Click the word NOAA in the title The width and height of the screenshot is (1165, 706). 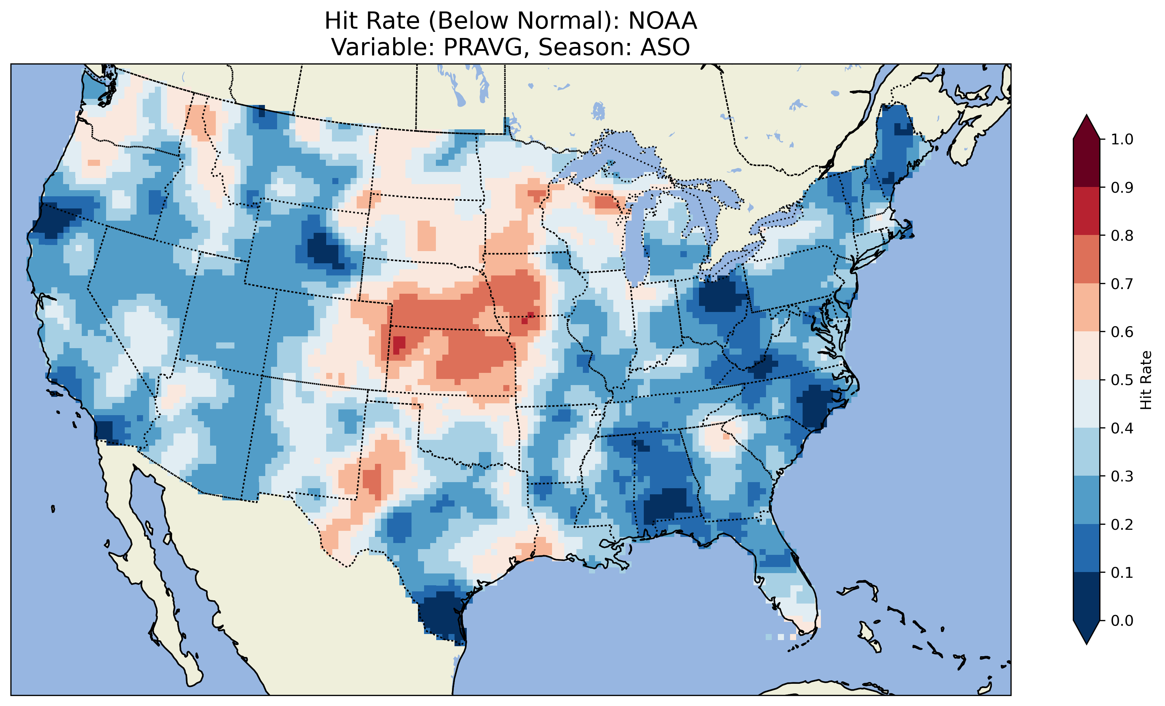(x=662, y=21)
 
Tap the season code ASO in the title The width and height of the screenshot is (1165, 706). (x=665, y=47)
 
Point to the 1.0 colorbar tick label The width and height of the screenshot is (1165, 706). (x=1122, y=139)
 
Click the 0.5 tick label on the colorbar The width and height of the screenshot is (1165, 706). (x=1122, y=380)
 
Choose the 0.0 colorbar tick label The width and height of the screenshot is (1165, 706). (x=1122, y=620)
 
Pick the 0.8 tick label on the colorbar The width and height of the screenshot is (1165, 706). (x=1122, y=235)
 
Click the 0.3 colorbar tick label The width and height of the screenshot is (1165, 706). (x=1122, y=476)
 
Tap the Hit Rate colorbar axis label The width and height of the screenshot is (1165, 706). (x=1146, y=380)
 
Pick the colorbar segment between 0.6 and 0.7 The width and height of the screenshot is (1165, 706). (x=1086, y=307)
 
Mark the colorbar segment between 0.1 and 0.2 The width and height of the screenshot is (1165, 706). (x=1086, y=548)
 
